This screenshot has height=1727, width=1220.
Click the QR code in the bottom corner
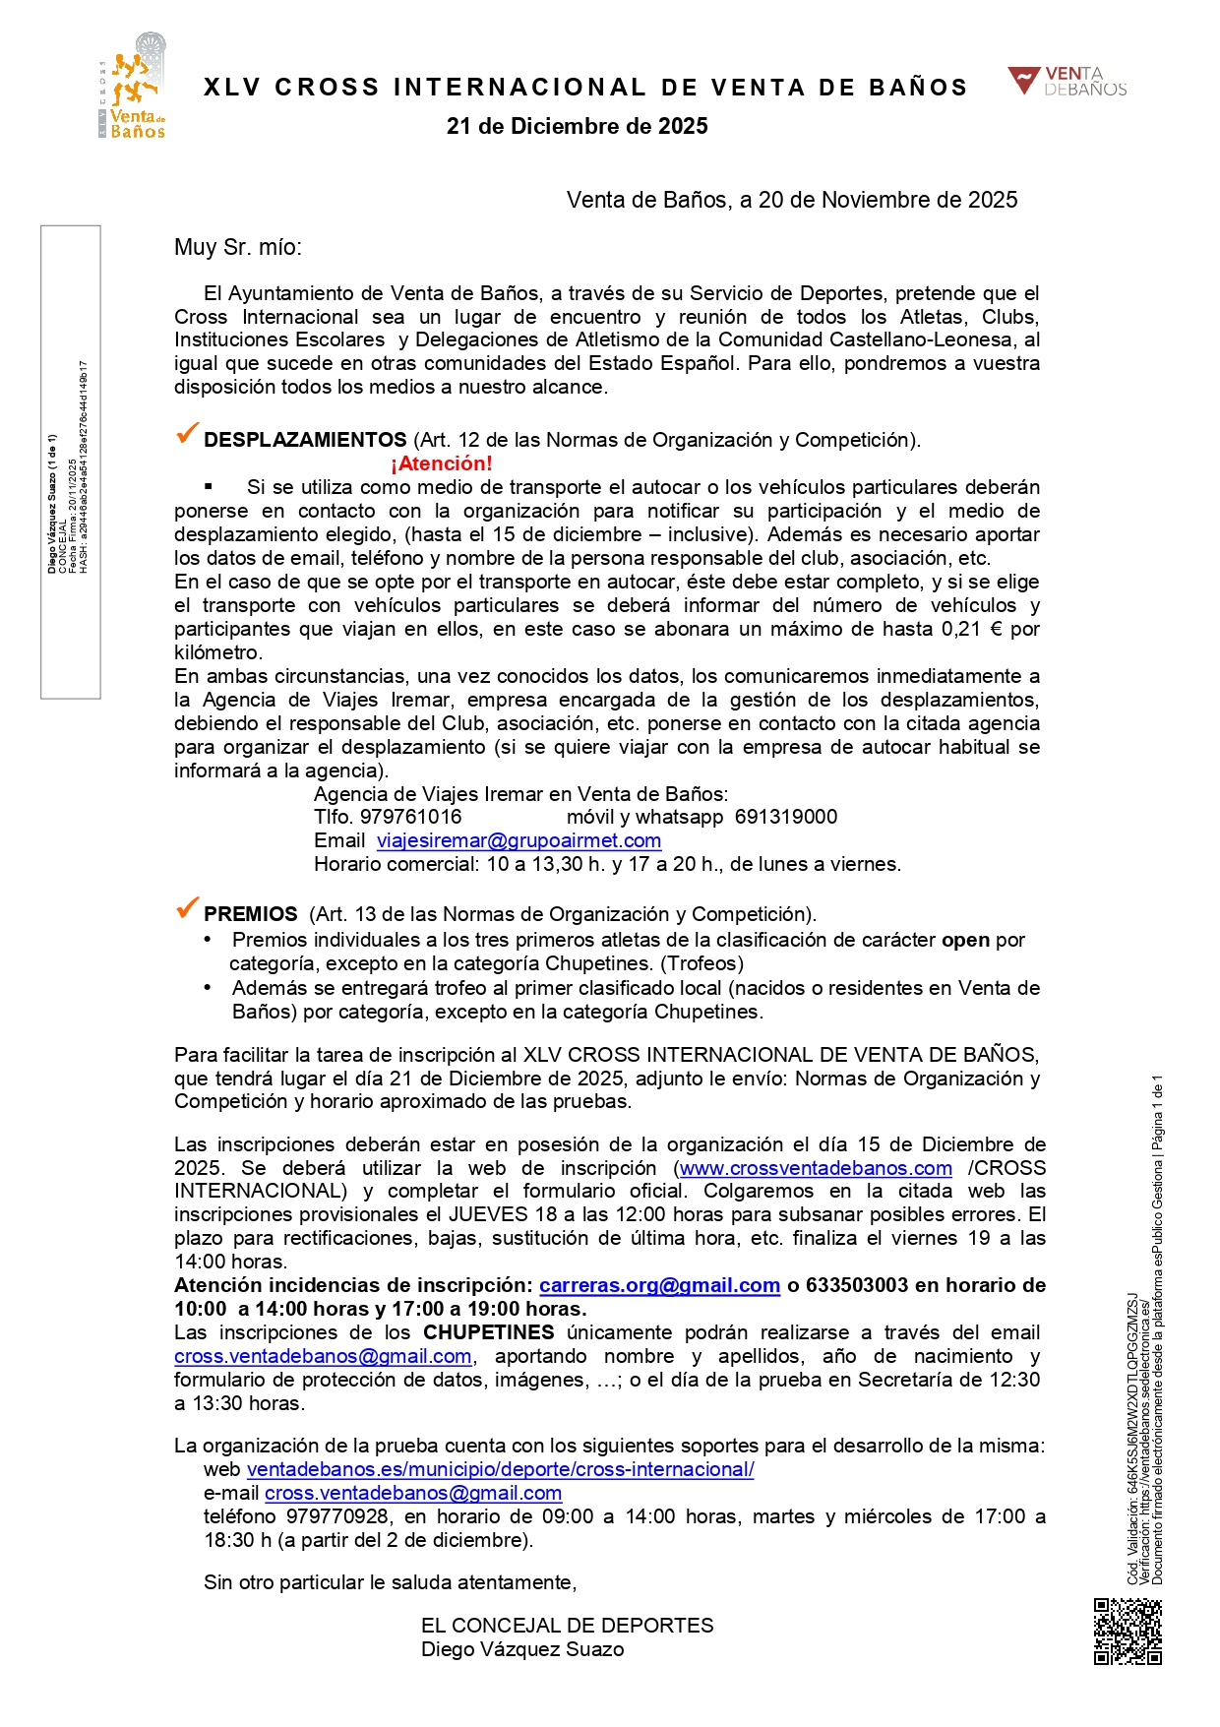(1128, 1631)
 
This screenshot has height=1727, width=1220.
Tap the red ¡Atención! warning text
(441, 463)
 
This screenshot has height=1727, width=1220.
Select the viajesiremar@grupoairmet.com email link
(518, 840)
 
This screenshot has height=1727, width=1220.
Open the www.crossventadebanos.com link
(816, 1168)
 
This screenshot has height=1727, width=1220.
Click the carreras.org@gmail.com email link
(659, 1285)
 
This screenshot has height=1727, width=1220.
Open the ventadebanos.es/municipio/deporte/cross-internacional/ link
(500, 1469)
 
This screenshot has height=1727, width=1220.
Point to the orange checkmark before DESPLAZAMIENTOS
(186, 434)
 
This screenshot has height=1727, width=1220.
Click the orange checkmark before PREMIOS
(186, 908)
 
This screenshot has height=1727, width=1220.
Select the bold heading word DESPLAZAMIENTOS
(305, 440)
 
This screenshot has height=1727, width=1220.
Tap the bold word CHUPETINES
(489, 1332)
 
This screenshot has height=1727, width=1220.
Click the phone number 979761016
(411, 817)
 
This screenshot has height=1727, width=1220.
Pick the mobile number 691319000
(786, 817)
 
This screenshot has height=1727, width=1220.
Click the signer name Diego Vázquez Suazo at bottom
(522, 1649)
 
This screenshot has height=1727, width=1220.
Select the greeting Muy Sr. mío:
(238, 247)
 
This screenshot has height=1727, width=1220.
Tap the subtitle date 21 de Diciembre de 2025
(578, 126)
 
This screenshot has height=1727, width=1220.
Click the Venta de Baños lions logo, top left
(135, 87)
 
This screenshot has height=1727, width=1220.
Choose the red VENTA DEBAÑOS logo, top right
(1067, 82)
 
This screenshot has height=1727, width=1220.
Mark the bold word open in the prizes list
(965, 940)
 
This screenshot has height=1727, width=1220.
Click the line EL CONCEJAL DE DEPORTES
(568, 1626)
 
